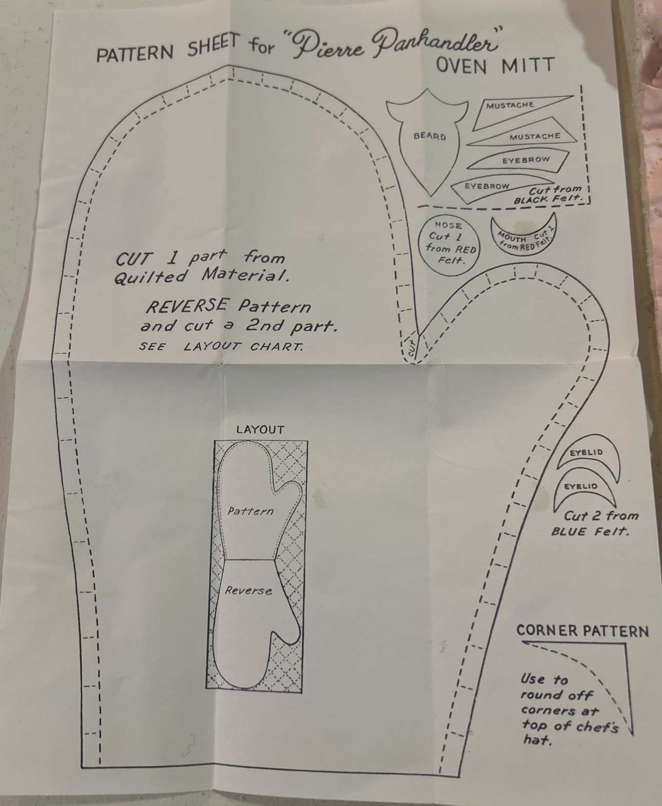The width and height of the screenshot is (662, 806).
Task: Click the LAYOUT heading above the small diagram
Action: pos(259,430)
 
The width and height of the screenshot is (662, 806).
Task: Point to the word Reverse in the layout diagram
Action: pos(249,591)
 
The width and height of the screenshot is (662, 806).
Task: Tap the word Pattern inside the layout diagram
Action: pos(250,511)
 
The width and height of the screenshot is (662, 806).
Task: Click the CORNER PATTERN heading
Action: pos(582,631)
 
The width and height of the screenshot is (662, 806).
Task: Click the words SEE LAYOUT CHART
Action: pos(220,346)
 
